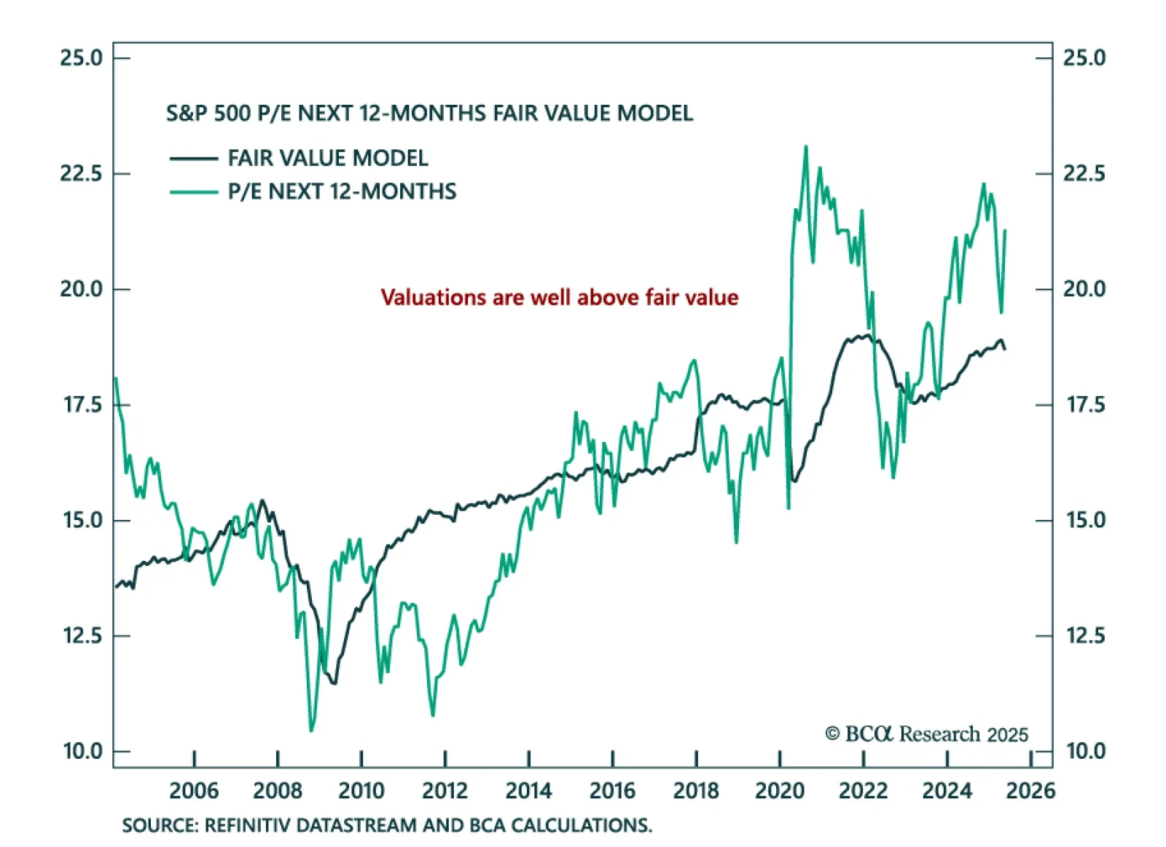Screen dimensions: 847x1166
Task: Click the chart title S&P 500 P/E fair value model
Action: click(x=429, y=114)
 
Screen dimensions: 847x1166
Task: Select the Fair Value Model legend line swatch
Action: click(x=193, y=158)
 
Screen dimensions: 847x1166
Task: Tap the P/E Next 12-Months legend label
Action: click(x=342, y=192)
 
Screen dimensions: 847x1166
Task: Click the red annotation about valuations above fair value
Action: click(x=559, y=297)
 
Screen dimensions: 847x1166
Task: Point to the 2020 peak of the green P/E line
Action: click(x=805, y=147)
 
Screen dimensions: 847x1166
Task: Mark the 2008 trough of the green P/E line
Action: click(x=311, y=730)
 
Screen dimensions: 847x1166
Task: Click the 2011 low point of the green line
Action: click(x=433, y=715)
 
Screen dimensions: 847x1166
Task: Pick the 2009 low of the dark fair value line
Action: click(x=334, y=682)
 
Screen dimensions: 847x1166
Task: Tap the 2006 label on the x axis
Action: click(x=194, y=790)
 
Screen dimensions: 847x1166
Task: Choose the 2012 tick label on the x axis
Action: click(x=445, y=790)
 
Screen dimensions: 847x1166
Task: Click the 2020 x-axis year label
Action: click(x=779, y=790)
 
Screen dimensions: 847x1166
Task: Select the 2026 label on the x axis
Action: click(x=1030, y=790)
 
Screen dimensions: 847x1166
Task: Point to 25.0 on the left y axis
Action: click(x=81, y=58)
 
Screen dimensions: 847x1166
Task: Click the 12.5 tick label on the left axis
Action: click(x=81, y=636)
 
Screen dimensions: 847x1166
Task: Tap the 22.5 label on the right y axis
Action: click(x=1084, y=173)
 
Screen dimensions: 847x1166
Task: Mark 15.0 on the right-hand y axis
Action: click(x=1085, y=520)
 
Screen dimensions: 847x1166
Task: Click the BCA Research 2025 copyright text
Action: click(x=926, y=733)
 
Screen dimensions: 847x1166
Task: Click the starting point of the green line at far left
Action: click(x=116, y=379)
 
